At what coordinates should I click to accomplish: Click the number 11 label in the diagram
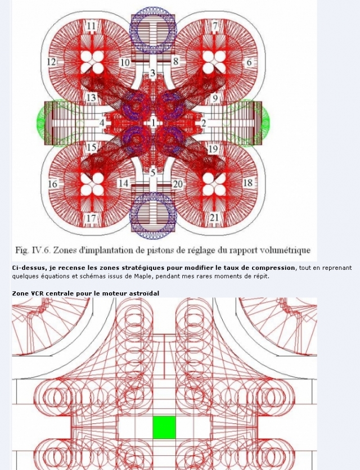92,26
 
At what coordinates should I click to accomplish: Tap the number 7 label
215,26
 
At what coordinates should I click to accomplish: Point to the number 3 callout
152,73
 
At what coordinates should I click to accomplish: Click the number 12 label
52,62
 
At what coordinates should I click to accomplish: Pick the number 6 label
249,62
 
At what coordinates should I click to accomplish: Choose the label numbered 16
52,183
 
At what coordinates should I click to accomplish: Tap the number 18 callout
248,183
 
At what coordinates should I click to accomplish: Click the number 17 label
91,218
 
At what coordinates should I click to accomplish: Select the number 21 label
214,218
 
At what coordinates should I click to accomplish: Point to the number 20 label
178,184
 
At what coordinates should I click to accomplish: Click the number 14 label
124,183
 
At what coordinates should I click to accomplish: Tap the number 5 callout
152,173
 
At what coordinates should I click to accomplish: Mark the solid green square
164,427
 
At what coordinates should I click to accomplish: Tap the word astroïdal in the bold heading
145,293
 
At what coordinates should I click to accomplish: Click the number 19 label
213,148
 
